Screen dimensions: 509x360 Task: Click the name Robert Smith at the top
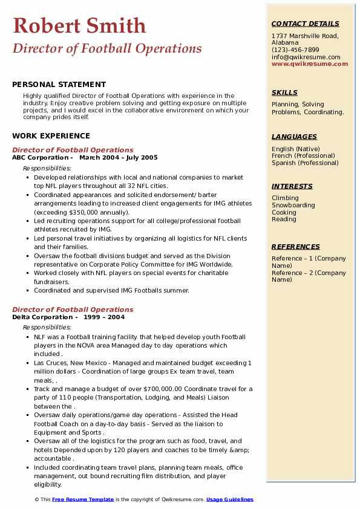coord(79,25)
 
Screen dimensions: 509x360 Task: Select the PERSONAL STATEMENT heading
coord(59,85)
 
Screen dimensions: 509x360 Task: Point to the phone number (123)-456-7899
coord(295,50)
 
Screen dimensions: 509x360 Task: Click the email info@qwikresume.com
coord(306,57)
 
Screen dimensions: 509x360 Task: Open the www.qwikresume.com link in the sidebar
coord(310,64)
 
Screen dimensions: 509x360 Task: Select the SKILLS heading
coord(284,92)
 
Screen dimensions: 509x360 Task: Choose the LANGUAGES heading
coord(294,137)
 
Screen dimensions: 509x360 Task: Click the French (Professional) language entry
coord(304,156)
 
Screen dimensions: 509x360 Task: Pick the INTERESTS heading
coord(292,186)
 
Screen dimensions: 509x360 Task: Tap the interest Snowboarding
coord(293,206)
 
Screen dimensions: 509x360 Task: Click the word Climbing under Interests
coord(285,198)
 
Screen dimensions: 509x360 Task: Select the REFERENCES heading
coord(296,247)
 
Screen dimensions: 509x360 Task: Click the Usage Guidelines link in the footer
coord(230,500)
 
